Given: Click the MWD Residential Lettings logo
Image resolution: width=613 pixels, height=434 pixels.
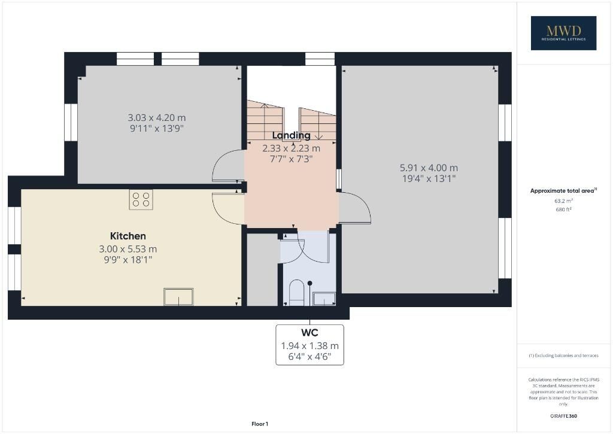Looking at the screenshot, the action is pos(563,33).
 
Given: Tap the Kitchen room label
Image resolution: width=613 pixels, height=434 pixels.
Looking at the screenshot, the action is pos(128,236).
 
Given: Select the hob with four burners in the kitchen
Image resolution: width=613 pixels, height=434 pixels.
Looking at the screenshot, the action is pos(141,199).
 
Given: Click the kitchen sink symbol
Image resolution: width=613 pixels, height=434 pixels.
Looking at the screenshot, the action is pos(178,297).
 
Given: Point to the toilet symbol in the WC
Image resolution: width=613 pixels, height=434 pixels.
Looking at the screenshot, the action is pos(296,293).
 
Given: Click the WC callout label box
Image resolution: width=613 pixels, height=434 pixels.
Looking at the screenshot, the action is pos(309,345).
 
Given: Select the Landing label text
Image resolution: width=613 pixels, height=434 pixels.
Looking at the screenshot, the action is pos(292,135).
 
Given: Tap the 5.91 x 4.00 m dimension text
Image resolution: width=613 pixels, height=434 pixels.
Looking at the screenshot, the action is pos(429,168).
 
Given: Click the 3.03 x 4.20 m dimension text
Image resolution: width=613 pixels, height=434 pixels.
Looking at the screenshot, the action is pos(157,117).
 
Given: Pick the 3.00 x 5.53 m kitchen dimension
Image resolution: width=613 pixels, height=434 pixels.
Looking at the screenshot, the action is pos(128,248).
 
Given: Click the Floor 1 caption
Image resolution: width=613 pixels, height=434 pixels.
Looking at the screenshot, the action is pos(260,424).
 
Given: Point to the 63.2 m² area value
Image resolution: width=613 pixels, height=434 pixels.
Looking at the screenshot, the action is pos(563,201).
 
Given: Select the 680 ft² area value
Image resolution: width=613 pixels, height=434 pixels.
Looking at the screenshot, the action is pos(563,209).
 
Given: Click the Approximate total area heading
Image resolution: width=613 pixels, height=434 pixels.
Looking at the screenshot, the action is pos(563,191).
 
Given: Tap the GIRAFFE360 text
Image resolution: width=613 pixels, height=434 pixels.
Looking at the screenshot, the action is pos(563,416).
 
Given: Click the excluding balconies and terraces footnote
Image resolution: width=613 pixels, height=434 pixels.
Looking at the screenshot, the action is pos(563,356).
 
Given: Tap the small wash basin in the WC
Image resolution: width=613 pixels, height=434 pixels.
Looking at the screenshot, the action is pos(324,299).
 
